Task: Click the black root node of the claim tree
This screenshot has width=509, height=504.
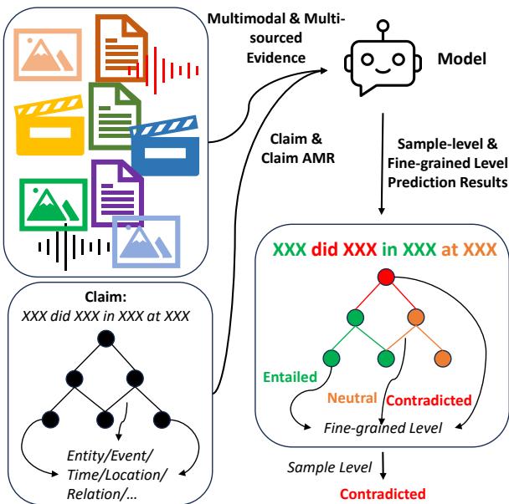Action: click(x=105, y=339)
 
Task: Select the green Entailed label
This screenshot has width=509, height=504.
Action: click(x=290, y=377)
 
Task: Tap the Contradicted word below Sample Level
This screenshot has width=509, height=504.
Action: click(x=383, y=493)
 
